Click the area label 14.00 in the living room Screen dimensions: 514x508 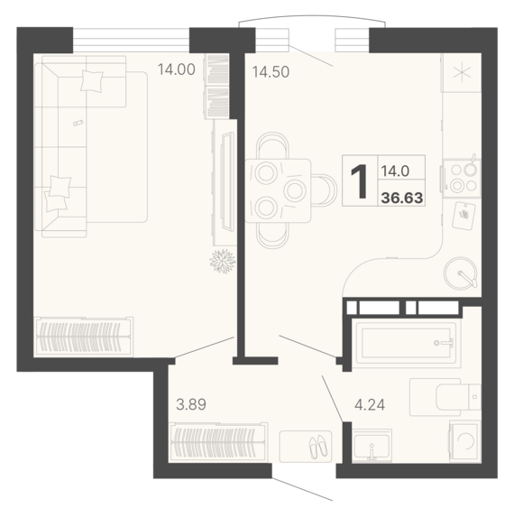click(x=177, y=69)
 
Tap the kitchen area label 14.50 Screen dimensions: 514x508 click(x=271, y=72)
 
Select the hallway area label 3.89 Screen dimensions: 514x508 click(x=191, y=404)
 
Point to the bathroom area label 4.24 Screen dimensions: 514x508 click(x=370, y=405)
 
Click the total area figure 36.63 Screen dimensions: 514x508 click(x=402, y=199)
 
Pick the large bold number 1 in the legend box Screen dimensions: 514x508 click(x=360, y=181)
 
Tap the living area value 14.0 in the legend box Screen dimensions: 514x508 click(x=395, y=171)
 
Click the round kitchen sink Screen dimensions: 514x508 click(x=460, y=272)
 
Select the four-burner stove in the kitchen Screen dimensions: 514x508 click(x=462, y=178)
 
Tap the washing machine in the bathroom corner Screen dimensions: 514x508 click(x=465, y=440)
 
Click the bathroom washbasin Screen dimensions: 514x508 click(x=372, y=446)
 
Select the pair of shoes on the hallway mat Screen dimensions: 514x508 click(x=318, y=447)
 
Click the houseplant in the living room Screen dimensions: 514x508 click(x=223, y=261)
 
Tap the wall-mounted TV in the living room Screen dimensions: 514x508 click(x=228, y=181)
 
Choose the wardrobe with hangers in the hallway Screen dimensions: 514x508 click(x=218, y=441)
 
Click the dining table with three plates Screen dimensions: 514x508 click(x=278, y=191)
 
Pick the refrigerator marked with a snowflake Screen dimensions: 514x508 click(x=462, y=72)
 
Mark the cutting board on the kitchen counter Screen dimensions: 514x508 click(x=464, y=216)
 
